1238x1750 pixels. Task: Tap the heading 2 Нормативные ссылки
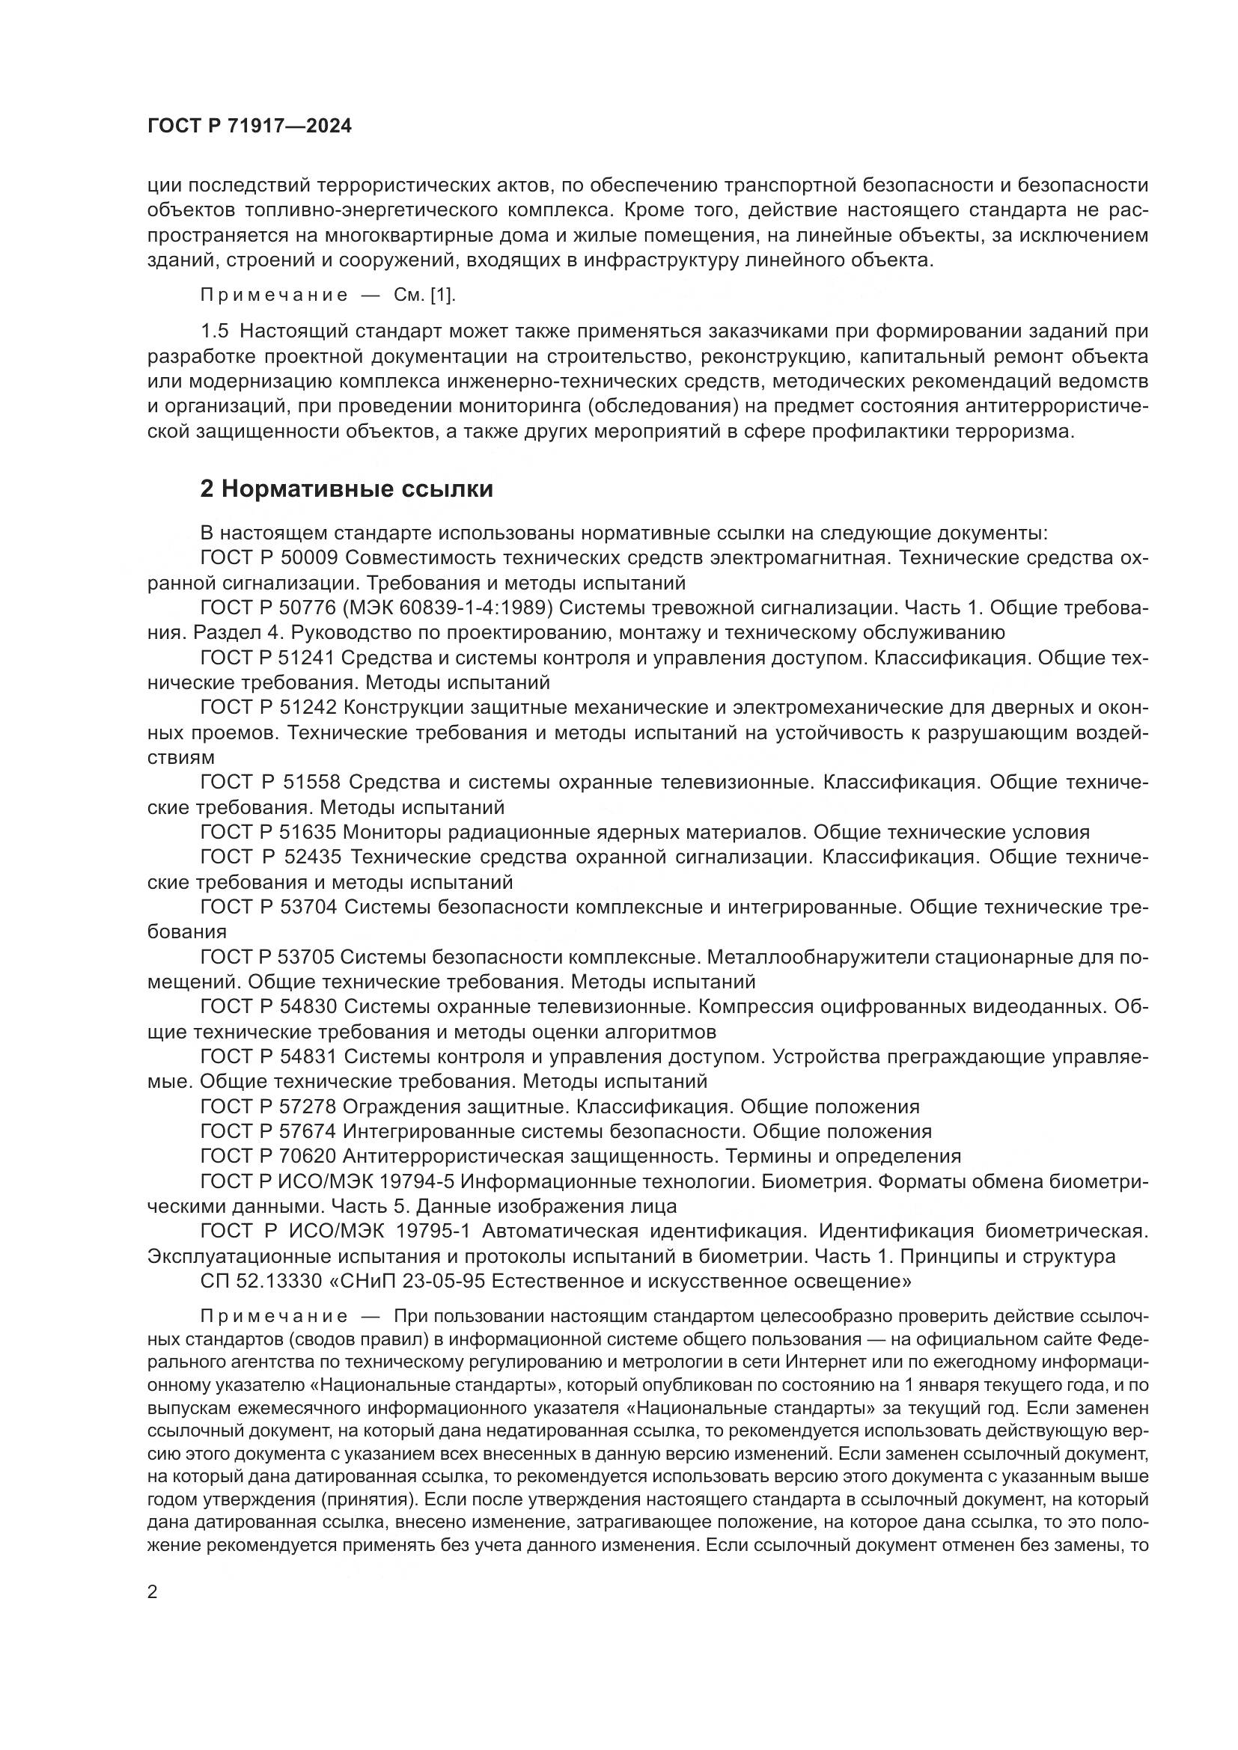[346, 489]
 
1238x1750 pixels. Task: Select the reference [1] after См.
[443, 295]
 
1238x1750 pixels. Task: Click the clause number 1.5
[214, 331]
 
